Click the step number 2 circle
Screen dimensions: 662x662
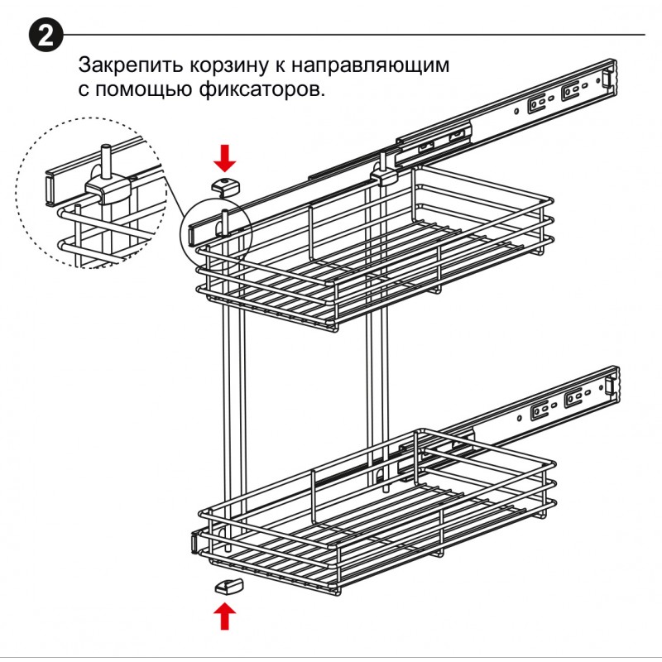(46, 36)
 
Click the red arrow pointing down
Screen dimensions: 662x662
(224, 156)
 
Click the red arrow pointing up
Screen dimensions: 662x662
(224, 616)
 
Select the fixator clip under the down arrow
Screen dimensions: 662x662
(224, 185)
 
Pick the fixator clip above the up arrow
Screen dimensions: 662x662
(226, 586)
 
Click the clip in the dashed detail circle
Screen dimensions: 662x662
(108, 193)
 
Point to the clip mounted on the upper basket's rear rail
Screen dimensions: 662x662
(386, 175)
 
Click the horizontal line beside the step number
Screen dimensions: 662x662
(356, 35)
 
